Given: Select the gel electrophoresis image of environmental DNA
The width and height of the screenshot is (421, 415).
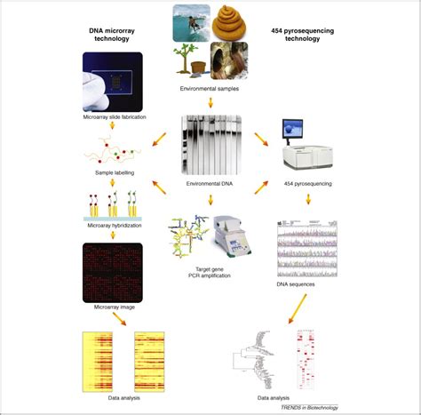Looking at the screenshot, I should click(x=210, y=146).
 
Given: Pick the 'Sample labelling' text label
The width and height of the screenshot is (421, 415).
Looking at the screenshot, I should click(x=114, y=172).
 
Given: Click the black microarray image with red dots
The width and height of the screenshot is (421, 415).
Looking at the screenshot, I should click(x=113, y=271).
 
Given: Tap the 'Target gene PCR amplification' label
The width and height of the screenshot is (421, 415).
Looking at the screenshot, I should click(x=210, y=272).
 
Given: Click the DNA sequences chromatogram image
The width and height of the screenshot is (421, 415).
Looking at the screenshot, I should click(x=307, y=249).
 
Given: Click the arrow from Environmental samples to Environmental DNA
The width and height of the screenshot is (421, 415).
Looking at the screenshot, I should click(x=210, y=103).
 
